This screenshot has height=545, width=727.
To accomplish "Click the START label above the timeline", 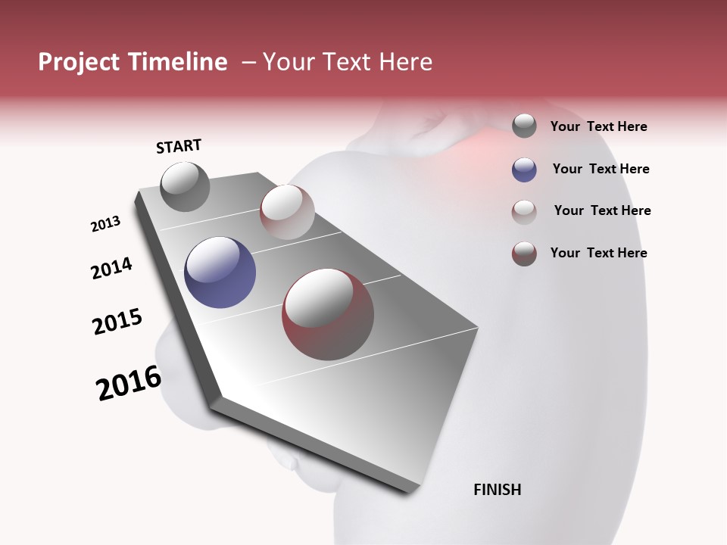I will coord(179,146).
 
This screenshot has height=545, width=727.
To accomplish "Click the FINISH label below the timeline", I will coord(498,490).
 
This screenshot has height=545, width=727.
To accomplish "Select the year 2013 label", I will coord(106,224).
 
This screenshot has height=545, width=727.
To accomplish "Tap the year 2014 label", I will coord(112,268).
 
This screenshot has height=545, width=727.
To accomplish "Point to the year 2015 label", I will coord(117,322).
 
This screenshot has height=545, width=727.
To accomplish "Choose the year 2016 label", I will coord(129,383).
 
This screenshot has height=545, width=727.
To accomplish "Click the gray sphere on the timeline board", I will coord(185,186).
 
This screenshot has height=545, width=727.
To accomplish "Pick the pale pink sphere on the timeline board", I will coord(287,211).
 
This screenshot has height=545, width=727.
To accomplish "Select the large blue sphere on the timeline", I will coord(220,272).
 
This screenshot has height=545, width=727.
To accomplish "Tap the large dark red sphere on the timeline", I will coord(328,314).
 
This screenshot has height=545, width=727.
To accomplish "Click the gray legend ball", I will coord(524,126).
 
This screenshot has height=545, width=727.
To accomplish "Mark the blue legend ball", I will coord(524,170).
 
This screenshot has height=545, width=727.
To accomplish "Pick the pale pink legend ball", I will coord(524,212).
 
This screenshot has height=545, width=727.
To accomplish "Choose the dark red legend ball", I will coord(524,254).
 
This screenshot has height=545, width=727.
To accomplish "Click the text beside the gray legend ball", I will coord(598,127).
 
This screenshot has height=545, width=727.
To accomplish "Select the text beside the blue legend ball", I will coord(601,169).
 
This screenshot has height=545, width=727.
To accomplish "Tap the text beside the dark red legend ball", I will coord(598,253).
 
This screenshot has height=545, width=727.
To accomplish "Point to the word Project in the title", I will coord(78,62).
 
